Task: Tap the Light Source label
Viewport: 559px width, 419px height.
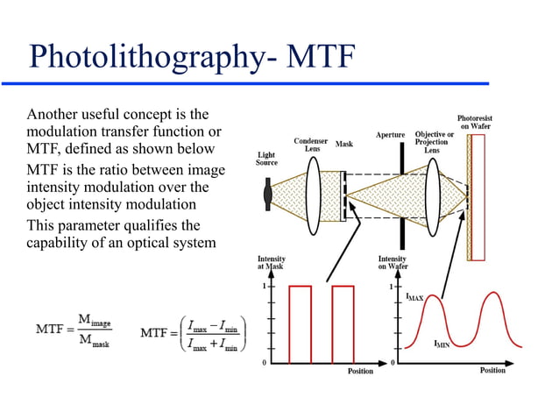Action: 266,159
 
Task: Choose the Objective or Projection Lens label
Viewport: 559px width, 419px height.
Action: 434,143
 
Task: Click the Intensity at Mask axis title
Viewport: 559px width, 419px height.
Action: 271,263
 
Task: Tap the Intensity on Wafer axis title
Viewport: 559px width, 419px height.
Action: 392,263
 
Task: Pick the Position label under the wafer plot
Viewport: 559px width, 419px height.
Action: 492,371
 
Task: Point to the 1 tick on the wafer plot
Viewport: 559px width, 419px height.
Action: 392,287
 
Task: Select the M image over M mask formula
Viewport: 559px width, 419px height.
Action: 74,333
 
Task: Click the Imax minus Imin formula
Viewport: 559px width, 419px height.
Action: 195,332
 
